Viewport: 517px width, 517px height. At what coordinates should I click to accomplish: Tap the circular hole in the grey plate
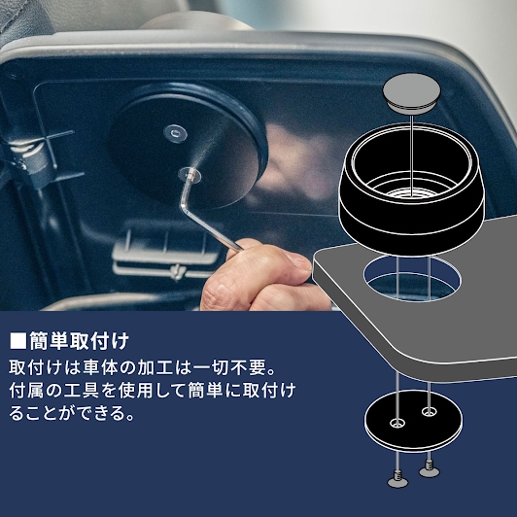point(412,279)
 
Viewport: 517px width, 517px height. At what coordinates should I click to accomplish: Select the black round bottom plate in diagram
point(413,421)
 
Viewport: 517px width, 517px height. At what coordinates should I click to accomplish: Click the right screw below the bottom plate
point(429,468)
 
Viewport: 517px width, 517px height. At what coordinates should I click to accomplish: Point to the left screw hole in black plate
point(396,423)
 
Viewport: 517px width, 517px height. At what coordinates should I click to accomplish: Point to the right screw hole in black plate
point(429,411)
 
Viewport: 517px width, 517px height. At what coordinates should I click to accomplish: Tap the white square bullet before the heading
point(17,341)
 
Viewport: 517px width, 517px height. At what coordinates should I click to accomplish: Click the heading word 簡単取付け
point(79,341)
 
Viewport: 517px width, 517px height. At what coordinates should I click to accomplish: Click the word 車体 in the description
point(98,368)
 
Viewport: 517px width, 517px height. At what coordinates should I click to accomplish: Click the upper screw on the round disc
point(175,133)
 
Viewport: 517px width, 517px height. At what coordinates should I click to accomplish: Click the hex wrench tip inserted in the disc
point(190,173)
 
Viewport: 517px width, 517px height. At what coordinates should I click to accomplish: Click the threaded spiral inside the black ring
point(411,192)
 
